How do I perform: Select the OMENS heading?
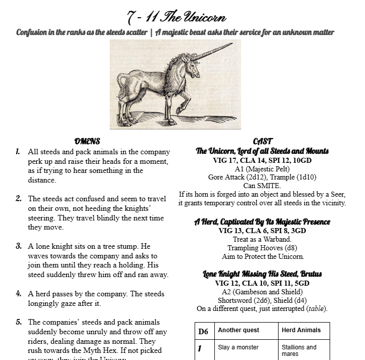pos(87,142)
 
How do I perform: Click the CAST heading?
pos(262,142)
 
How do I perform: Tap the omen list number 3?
pos(19,247)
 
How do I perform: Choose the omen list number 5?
pos(19,322)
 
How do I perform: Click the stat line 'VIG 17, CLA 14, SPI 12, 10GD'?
pos(262,160)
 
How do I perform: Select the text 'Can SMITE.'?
pos(262,186)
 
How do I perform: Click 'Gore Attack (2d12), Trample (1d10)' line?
pos(262,177)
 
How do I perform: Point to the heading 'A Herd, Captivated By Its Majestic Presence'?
pos(262,221)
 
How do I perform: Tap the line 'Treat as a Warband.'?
pos(262,239)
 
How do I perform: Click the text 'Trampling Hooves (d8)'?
pos(262,248)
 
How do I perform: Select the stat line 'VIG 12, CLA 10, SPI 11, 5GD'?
pos(262,283)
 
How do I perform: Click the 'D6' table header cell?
pos(204,331)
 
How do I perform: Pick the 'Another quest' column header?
pos(238,330)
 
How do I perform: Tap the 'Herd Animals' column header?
pos(301,330)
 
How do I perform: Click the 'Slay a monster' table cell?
pos(238,347)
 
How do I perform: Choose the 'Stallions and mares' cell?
pos(299,350)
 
